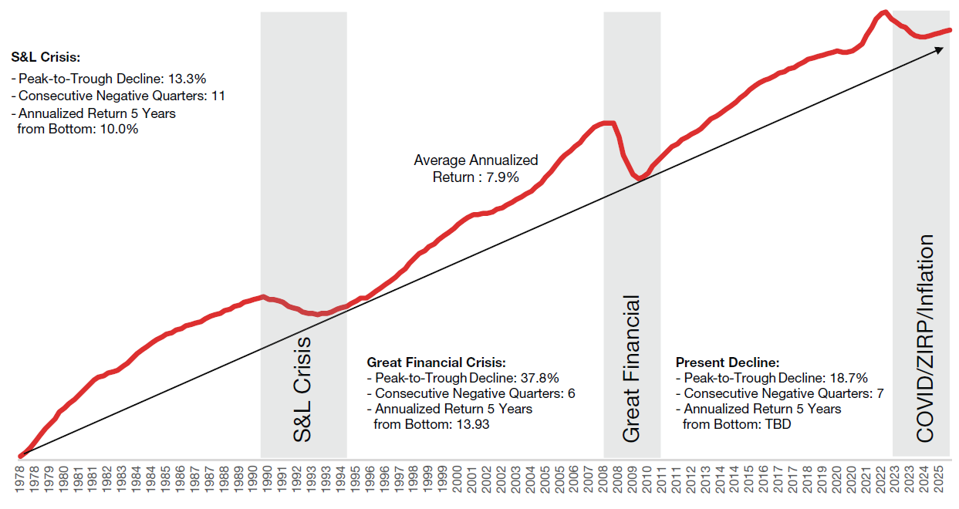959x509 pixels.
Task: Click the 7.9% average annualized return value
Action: pyautogui.click(x=502, y=177)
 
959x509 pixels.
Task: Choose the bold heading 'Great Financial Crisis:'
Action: pyautogui.click(x=436, y=362)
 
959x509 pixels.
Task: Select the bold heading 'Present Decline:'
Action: pyautogui.click(x=728, y=362)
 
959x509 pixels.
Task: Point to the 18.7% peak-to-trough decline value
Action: pyautogui.click(x=849, y=378)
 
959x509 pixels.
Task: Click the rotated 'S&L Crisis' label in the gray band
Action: pyautogui.click(x=303, y=389)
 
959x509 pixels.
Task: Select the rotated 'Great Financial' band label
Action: pyautogui.click(x=631, y=369)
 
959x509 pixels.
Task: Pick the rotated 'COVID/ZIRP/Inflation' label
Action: pyautogui.click(x=924, y=339)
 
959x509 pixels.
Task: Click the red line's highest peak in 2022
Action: pyautogui.click(x=884, y=12)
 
